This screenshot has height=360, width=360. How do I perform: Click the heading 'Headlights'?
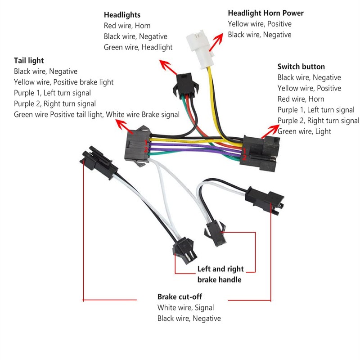click(x=122, y=15)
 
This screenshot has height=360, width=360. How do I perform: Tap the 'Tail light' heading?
click(x=29, y=60)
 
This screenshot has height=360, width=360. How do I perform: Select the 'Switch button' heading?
click(x=301, y=67)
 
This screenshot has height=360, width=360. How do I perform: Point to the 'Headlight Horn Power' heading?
click(x=265, y=13)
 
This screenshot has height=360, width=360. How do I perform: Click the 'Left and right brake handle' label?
click(x=220, y=274)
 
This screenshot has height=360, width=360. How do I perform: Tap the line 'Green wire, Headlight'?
click(x=138, y=47)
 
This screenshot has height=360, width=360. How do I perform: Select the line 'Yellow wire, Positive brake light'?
click(x=63, y=82)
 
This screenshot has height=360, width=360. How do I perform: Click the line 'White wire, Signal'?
click(x=185, y=308)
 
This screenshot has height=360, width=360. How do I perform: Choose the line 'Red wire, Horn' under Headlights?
click(x=127, y=26)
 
